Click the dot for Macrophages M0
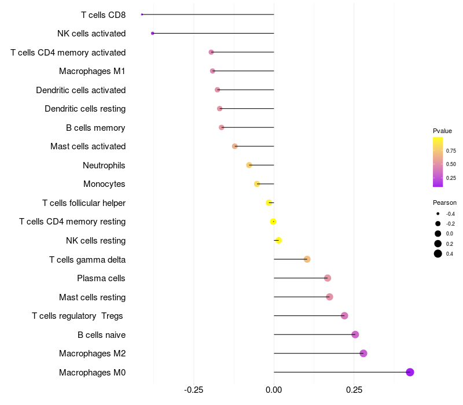pyautogui.click(x=410, y=372)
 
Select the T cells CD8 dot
pyautogui.click(x=142, y=14)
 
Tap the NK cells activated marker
pyautogui.click(x=152, y=34)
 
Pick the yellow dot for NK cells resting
pyautogui.click(x=278, y=240)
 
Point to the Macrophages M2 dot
pyautogui.click(x=363, y=354)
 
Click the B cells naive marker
pyautogui.click(x=355, y=334)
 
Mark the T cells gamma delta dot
pyautogui.click(x=307, y=259)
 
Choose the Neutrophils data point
pyautogui.click(x=249, y=165)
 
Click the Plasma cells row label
pyautogui.click(x=101, y=278)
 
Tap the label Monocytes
pyautogui.click(x=104, y=184)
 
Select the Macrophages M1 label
pyautogui.click(x=92, y=71)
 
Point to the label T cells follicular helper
pyautogui.click(x=84, y=203)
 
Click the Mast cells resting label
pyautogui.click(x=92, y=297)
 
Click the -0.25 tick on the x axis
pyautogui.click(x=193, y=390)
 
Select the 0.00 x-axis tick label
pyautogui.click(x=274, y=390)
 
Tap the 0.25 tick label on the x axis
pyautogui.click(x=354, y=390)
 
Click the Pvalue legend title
pyautogui.click(x=442, y=131)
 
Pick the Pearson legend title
pyautogui.click(x=444, y=203)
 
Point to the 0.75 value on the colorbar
pyautogui.click(x=451, y=150)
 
